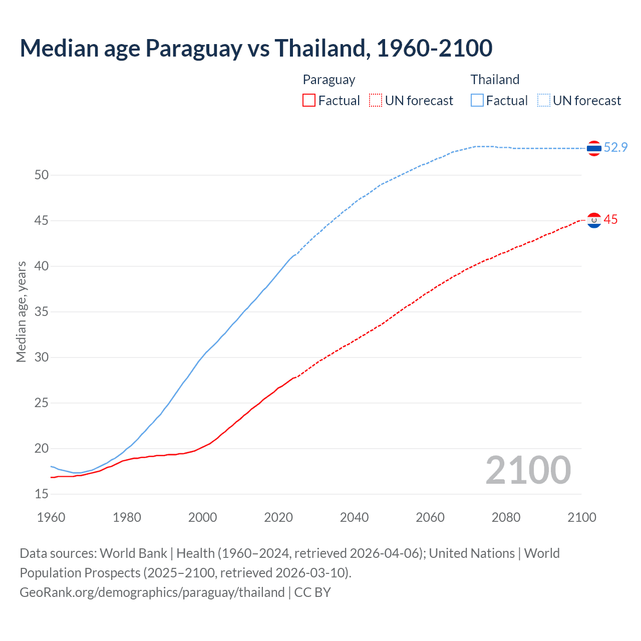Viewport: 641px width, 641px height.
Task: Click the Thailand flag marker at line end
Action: pyautogui.click(x=594, y=148)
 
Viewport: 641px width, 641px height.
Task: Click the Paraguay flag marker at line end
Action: pyautogui.click(x=594, y=220)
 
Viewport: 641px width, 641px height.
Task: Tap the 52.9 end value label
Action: pyautogui.click(x=615, y=147)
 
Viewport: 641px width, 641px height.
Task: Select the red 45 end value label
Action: pyautogui.click(x=610, y=220)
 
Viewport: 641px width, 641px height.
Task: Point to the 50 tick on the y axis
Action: pyautogui.click(x=42, y=175)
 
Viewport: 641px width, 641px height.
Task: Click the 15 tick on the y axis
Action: pyautogui.click(x=42, y=494)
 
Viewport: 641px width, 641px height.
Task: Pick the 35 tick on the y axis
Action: pyautogui.click(x=42, y=312)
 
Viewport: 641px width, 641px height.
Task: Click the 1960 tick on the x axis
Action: pyautogui.click(x=51, y=517)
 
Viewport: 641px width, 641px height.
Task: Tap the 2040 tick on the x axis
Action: pyautogui.click(x=354, y=517)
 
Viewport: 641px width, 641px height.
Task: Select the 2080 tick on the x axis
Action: pyautogui.click(x=506, y=517)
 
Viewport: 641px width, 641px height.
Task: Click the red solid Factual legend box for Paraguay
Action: pyautogui.click(x=309, y=101)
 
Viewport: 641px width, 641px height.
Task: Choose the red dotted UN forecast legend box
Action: pyautogui.click(x=376, y=101)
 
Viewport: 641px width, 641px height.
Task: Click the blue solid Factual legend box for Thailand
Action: pyautogui.click(x=477, y=101)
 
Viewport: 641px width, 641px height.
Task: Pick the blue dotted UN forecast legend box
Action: pyautogui.click(x=544, y=101)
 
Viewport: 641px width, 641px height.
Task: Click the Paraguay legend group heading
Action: pyautogui.click(x=329, y=80)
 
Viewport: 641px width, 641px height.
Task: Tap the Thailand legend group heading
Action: pyautogui.click(x=495, y=80)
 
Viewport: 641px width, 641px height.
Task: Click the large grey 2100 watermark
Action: pyautogui.click(x=528, y=470)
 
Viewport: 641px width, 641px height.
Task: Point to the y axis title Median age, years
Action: pyautogui.click(x=21, y=311)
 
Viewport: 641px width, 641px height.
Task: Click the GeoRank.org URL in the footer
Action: pyautogui.click(x=152, y=592)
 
